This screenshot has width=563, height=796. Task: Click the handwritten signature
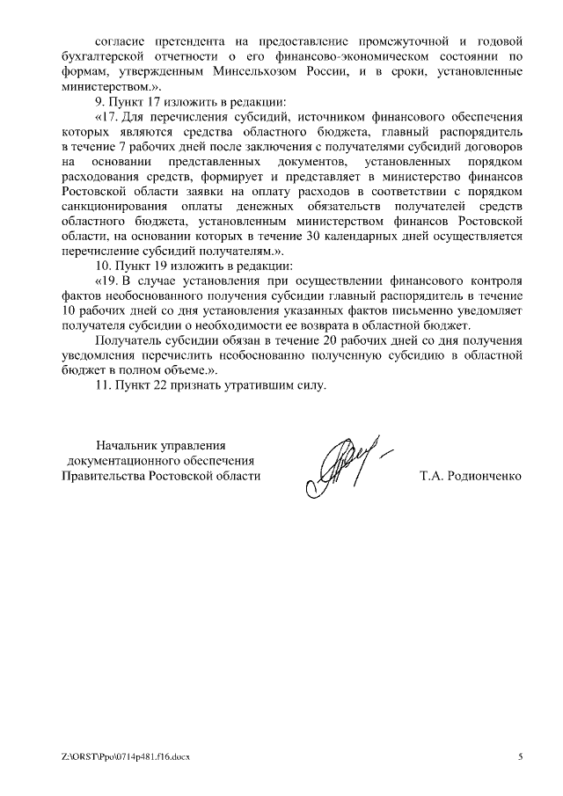tap(343, 462)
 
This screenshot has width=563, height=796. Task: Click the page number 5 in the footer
tap(520, 756)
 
